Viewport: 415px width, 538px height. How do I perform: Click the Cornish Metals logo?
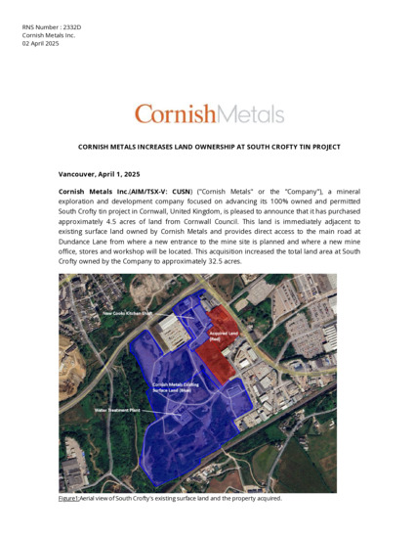click(209, 113)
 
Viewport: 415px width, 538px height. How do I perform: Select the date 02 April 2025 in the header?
click(40, 44)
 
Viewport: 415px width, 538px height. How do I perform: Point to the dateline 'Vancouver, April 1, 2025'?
click(99, 173)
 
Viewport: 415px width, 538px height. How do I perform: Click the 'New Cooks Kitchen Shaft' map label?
click(128, 313)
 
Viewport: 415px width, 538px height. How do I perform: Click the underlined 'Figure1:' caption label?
click(69, 499)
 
